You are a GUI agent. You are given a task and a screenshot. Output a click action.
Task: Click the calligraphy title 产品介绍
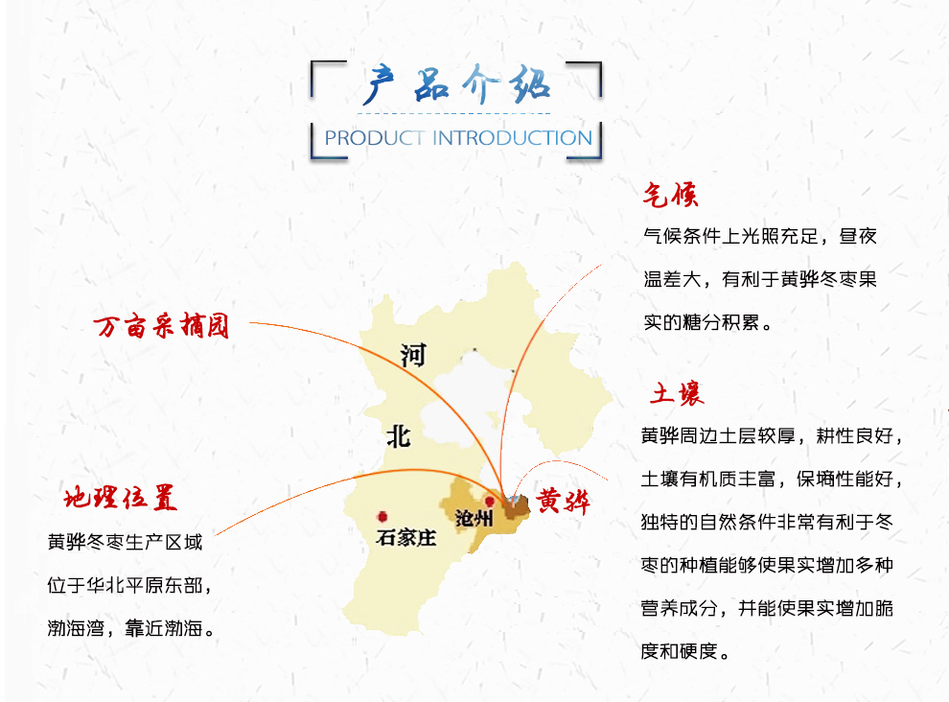click(457, 84)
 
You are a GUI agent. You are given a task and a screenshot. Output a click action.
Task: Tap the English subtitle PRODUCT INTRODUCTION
click(458, 138)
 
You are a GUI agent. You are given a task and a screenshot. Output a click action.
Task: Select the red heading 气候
click(671, 195)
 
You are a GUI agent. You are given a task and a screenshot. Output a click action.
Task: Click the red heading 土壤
click(678, 394)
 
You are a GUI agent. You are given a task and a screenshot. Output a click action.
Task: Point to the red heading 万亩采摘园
click(162, 326)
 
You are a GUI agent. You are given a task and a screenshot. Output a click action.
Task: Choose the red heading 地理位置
click(121, 498)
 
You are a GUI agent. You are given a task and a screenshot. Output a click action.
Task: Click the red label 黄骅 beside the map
click(563, 501)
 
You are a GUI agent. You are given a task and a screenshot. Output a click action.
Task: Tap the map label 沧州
click(474, 518)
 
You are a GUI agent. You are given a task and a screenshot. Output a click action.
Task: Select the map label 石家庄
click(406, 537)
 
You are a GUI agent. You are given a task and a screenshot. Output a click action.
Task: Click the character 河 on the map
click(413, 356)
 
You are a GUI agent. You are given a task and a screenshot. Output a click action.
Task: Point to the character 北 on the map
click(398, 436)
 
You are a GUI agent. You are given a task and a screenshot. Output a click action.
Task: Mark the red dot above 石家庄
click(382, 517)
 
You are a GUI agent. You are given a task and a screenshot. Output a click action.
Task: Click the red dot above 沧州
click(490, 503)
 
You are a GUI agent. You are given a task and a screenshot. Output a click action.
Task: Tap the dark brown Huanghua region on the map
click(517, 506)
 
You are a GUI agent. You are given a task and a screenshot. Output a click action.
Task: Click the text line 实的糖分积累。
click(707, 322)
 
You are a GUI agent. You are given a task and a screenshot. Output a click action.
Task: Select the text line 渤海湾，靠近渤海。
click(131, 629)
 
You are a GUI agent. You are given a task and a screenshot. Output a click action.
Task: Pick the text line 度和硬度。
click(685, 652)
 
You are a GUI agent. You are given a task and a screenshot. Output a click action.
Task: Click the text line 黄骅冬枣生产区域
click(126, 542)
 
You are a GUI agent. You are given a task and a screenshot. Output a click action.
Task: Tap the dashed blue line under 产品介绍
click(454, 113)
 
